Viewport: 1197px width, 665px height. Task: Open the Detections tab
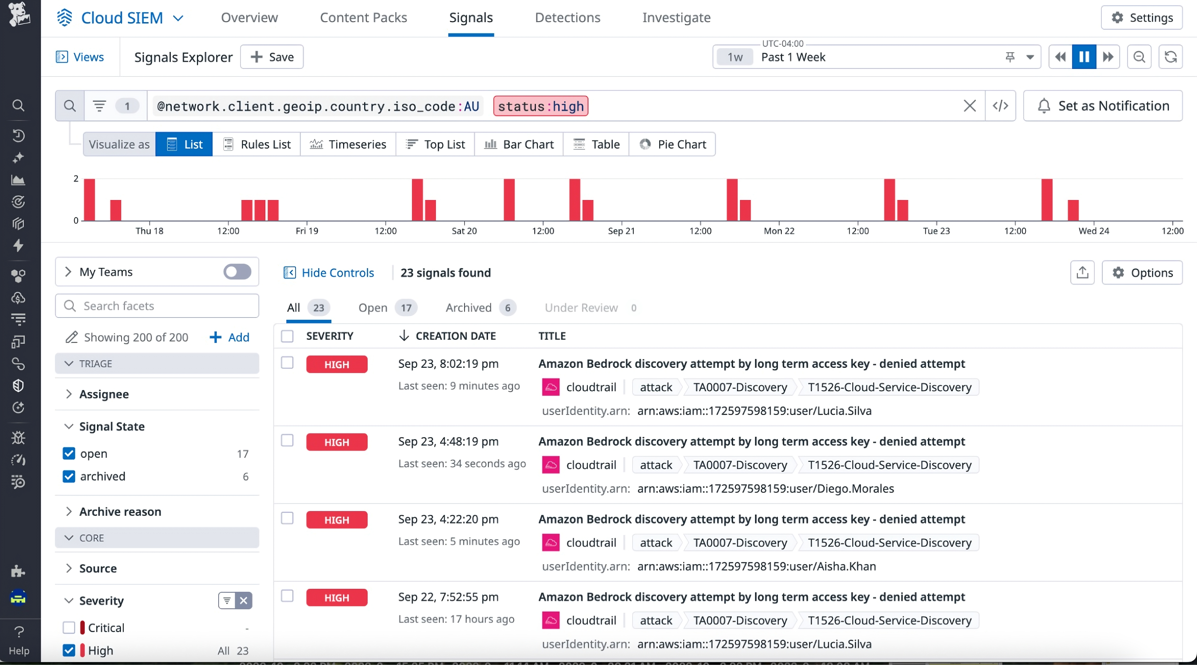pyautogui.click(x=567, y=18)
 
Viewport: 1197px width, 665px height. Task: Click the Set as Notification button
pyautogui.click(x=1103, y=106)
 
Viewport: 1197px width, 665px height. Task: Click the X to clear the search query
pyautogui.click(x=969, y=106)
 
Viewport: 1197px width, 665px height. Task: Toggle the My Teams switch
pyautogui.click(x=237, y=272)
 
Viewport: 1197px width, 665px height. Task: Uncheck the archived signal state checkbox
pyautogui.click(x=69, y=476)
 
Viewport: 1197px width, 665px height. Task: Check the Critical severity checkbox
pyautogui.click(x=69, y=627)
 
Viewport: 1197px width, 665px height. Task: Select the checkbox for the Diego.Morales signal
pyautogui.click(x=287, y=440)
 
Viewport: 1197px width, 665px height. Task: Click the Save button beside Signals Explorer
pyautogui.click(x=272, y=57)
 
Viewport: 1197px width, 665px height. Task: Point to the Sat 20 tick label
pyautogui.click(x=464, y=231)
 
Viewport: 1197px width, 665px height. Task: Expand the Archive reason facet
pyautogui.click(x=120, y=512)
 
